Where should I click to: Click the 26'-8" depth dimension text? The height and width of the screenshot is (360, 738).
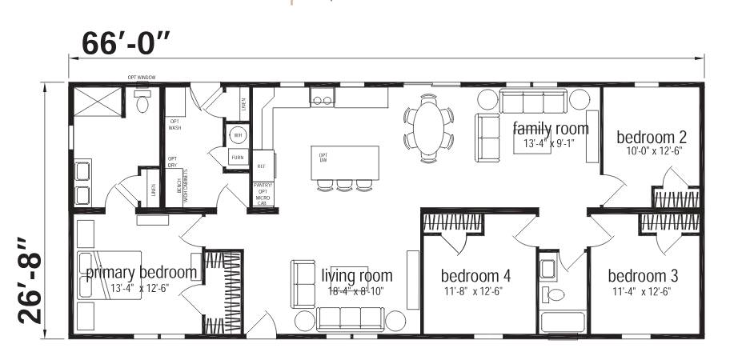tap(30, 279)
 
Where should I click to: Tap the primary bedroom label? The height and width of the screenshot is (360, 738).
tap(141, 273)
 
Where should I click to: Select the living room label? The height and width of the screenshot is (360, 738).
tap(356, 276)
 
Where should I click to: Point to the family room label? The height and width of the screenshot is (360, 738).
tap(551, 129)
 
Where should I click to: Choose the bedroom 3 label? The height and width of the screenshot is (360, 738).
tap(642, 276)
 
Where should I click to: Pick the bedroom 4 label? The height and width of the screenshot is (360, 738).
tap(475, 276)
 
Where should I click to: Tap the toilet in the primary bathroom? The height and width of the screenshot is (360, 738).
tap(143, 102)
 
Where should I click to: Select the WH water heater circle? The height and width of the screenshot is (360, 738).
tap(238, 134)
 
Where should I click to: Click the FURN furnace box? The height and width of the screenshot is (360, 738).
tap(238, 158)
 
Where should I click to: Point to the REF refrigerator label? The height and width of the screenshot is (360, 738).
tap(261, 166)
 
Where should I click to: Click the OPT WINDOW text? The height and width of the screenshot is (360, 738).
tap(141, 78)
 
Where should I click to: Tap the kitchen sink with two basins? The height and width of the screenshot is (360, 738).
tap(323, 100)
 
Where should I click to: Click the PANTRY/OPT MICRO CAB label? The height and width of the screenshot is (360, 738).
tap(263, 194)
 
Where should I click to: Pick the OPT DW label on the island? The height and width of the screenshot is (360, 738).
tap(323, 158)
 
